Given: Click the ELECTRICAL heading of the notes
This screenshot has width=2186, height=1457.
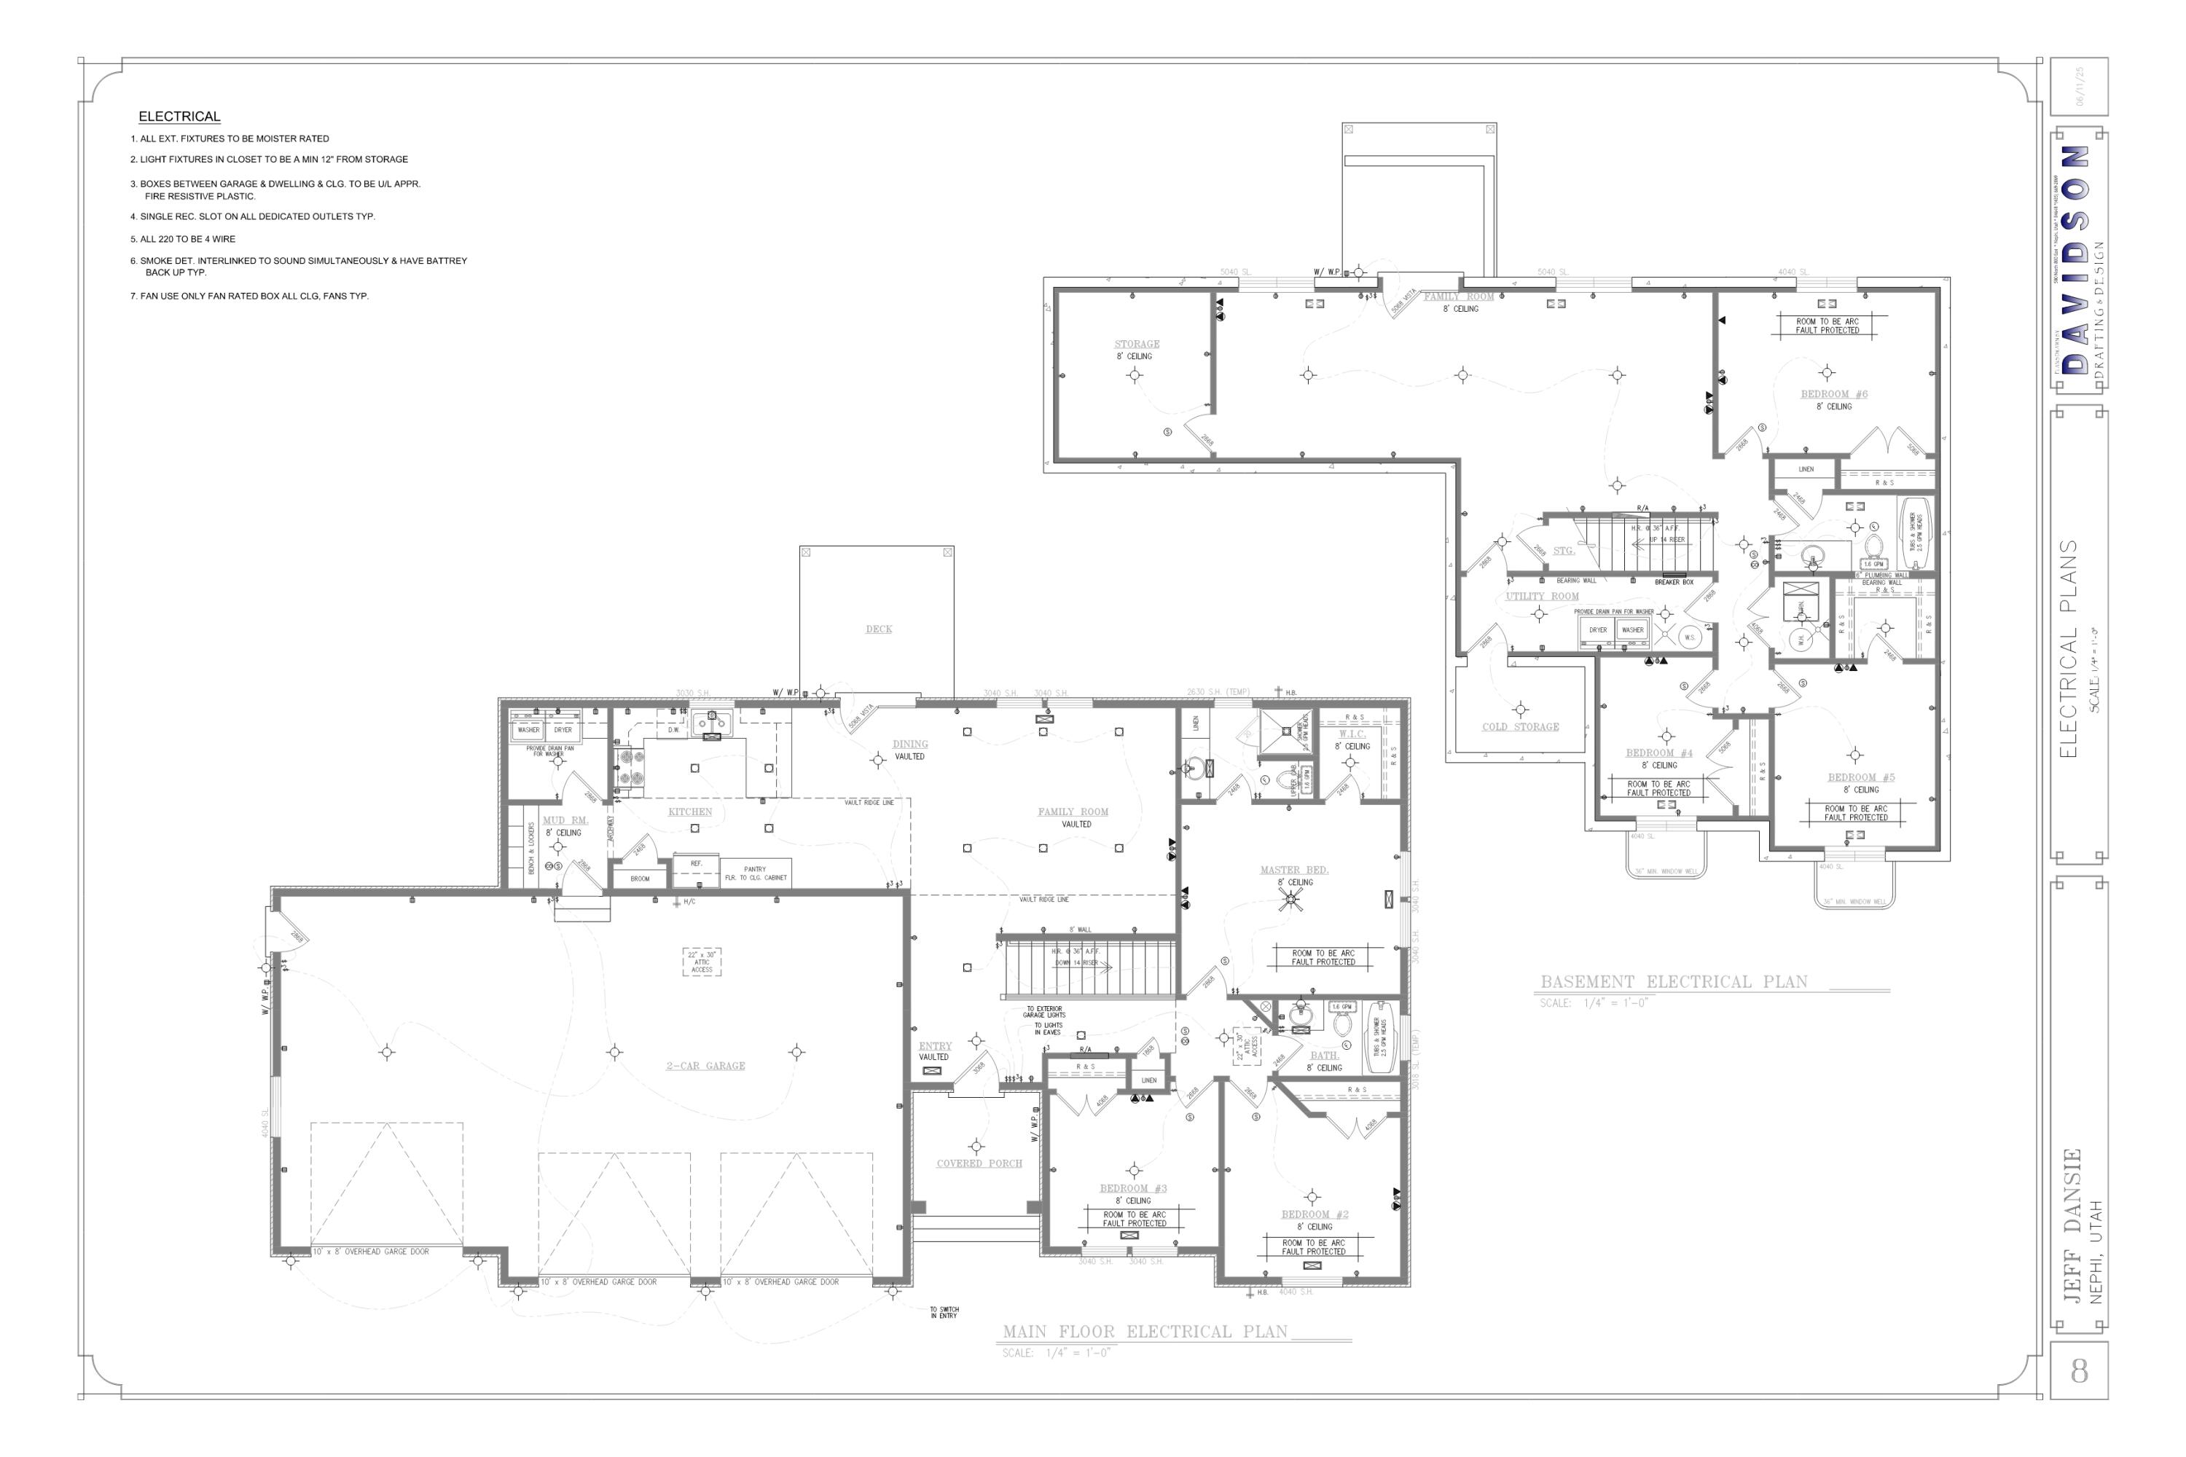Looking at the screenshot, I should click(179, 116).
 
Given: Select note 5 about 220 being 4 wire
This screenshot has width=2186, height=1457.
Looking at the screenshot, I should click(183, 239).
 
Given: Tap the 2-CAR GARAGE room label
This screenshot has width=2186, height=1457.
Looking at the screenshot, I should click(705, 1066).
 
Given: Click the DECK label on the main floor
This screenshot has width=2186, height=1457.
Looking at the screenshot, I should click(878, 629).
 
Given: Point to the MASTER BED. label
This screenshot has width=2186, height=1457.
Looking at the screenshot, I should click(1294, 870).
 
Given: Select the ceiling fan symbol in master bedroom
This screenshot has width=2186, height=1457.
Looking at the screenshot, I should click(1290, 898).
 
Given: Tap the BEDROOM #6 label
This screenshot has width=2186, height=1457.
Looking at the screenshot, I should click(1834, 394).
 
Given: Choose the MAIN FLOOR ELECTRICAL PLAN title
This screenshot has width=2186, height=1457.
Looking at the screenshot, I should click(1145, 1332).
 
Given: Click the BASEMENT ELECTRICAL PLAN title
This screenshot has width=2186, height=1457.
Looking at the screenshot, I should click(1674, 981).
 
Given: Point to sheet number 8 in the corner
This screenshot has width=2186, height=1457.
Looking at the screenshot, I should click(2079, 1370).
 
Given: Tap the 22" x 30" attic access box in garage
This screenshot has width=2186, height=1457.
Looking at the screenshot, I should click(702, 962).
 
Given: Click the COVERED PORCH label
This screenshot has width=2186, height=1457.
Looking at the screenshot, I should click(979, 1163).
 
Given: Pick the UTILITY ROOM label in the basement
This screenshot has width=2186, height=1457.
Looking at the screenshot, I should click(1542, 597).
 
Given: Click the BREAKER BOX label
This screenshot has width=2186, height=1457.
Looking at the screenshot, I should click(1674, 581).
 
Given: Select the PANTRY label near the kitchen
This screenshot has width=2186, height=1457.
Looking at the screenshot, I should click(755, 869).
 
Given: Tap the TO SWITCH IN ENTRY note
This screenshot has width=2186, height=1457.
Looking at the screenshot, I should click(944, 1312).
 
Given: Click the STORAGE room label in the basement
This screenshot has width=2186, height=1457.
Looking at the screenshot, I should click(1137, 344).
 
